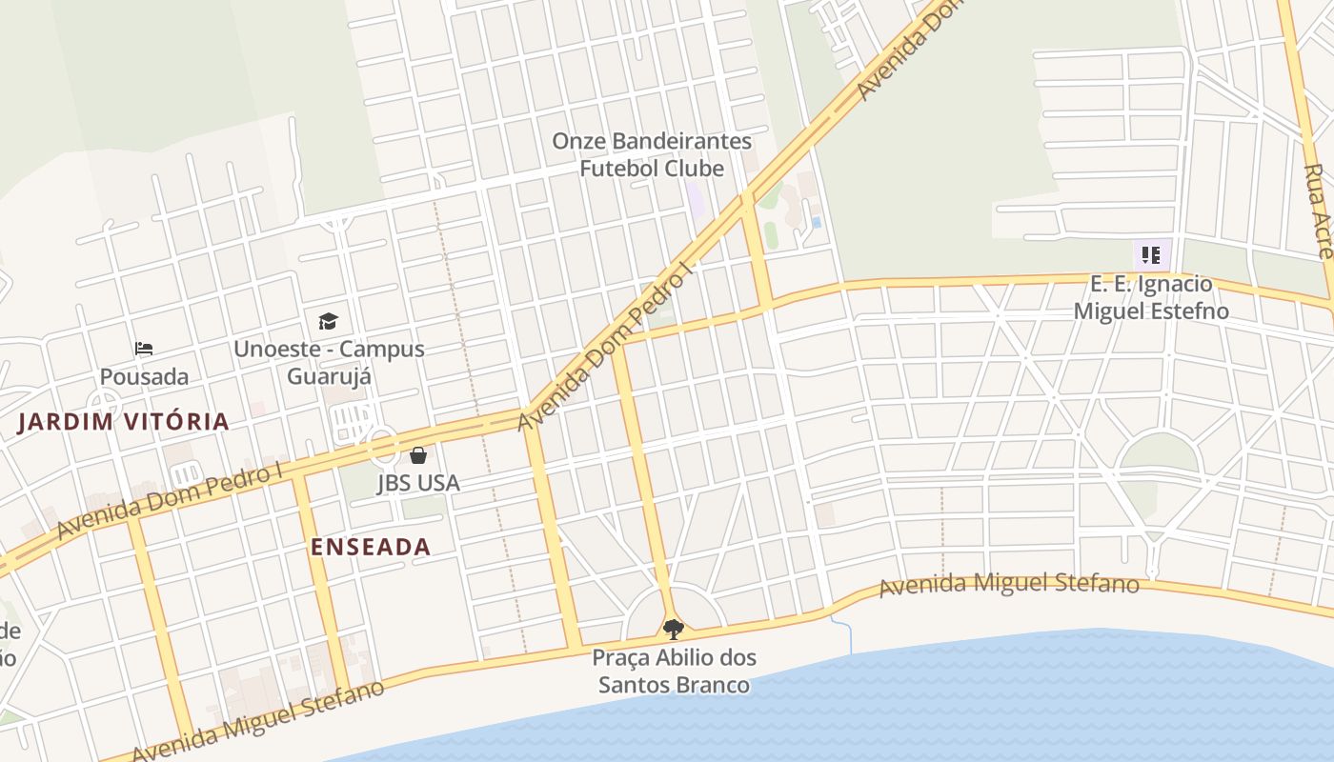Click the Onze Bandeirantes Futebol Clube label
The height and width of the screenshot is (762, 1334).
652,154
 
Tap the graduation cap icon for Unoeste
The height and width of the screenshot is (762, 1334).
328,321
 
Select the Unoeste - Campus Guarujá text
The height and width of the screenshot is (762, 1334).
329,362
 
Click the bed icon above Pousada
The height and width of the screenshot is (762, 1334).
144,349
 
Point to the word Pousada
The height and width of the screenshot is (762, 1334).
144,377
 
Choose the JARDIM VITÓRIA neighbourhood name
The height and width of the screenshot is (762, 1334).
124,422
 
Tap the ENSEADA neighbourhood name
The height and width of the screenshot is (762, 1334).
371,547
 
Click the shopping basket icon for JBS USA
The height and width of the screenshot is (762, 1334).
417,455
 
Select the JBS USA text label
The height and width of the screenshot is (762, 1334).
418,483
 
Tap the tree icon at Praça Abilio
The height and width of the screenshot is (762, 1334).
674,629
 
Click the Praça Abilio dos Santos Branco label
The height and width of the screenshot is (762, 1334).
674,671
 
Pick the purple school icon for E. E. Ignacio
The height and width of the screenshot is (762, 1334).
1151,255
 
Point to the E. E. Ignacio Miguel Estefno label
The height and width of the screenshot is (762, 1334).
1151,297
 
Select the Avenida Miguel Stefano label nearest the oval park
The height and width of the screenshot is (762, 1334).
1008,584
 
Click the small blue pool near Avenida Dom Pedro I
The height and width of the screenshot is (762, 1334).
817,223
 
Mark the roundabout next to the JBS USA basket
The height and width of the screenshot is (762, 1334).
382,446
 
